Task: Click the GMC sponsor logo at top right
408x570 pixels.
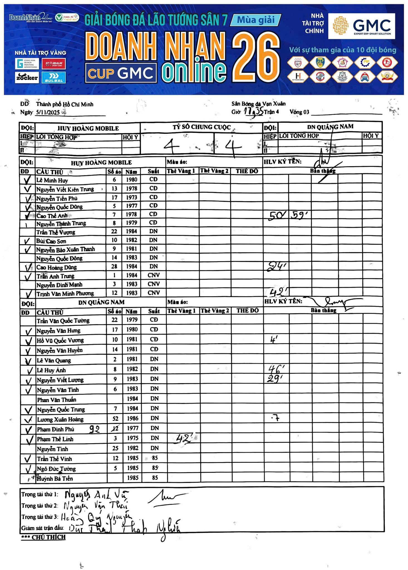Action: click(362, 26)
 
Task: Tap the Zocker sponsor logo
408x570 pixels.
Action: click(27, 77)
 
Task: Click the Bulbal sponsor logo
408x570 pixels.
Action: click(54, 77)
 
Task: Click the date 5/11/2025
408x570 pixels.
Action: click(48, 112)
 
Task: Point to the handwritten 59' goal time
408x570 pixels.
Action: click(299, 215)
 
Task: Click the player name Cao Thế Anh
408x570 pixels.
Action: click(52, 216)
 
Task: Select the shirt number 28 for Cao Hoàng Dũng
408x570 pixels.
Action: click(114, 266)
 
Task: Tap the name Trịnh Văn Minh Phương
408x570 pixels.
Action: click(65, 293)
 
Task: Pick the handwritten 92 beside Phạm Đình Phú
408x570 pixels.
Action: click(94, 429)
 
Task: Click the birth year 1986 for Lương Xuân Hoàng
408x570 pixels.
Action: click(132, 418)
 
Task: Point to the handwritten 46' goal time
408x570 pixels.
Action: click(276, 369)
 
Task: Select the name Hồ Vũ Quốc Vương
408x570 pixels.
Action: click(60, 341)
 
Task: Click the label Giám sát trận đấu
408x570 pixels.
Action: click(43, 528)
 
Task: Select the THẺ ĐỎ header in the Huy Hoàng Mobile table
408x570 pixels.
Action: click(247, 171)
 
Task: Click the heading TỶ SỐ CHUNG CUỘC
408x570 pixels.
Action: click(201, 127)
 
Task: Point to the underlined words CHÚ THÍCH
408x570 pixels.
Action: click(48, 537)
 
